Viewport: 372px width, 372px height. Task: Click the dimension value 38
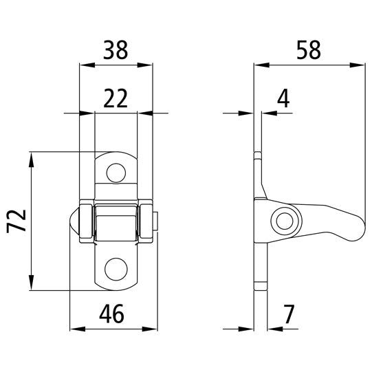click(116, 51)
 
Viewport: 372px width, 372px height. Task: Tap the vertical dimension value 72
click(18, 223)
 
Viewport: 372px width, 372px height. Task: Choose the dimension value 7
click(288, 315)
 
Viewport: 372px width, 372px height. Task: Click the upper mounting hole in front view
click(116, 171)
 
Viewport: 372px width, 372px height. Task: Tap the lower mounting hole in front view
click(116, 268)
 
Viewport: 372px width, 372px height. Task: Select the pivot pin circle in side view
click(283, 221)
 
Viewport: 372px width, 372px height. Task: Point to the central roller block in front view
click(116, 221)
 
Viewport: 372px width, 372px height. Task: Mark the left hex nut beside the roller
click(85, 221)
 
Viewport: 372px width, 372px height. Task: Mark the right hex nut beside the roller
click(147, 221)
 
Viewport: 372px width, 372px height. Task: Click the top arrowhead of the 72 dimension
click(32, 157)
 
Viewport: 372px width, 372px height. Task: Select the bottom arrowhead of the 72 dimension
click(32, 287)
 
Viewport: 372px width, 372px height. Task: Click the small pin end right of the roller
click(157, 221)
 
